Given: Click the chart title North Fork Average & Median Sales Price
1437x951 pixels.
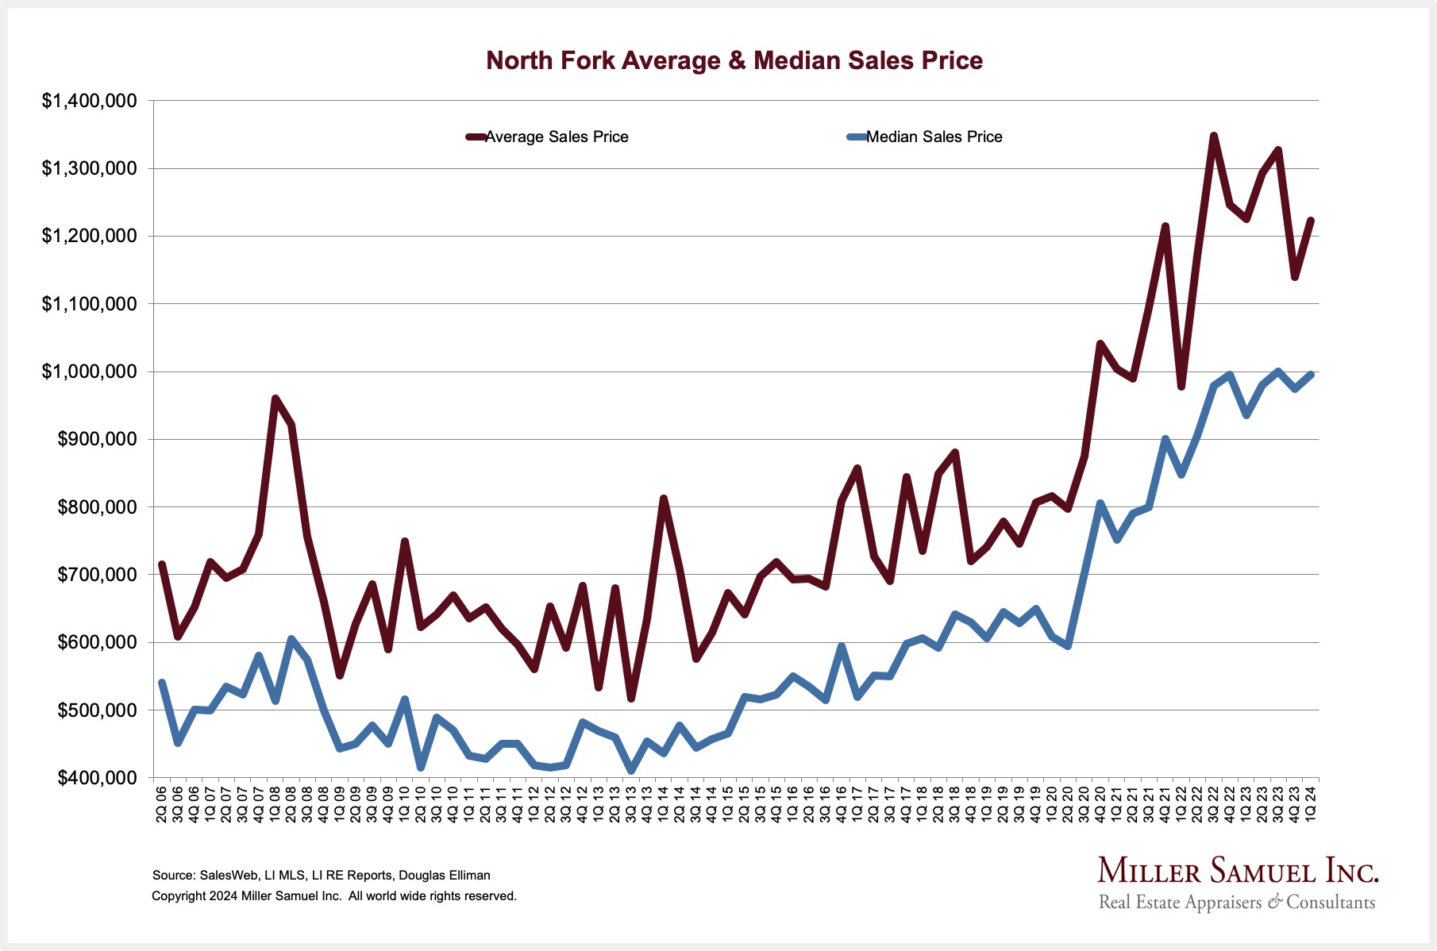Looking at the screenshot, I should click(x=734, y=60).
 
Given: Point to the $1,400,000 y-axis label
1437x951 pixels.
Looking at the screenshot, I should click(x=90, y=101).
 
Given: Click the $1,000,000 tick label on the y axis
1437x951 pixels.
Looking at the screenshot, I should click(x=90, y=372).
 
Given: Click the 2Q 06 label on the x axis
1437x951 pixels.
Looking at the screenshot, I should click(x=162, y=803).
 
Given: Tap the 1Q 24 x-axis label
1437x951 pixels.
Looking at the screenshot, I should click(x=1311, y=803).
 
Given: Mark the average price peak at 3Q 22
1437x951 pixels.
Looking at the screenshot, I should click(x=1214, y=136).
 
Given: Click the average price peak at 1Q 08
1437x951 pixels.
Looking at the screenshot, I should click(x=275, y=398).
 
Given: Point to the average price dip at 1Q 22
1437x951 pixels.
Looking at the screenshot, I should click(x=1181, y=387).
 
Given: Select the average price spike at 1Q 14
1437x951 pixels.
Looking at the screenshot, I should click(x=664, y=499).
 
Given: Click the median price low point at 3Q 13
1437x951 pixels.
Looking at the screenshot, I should click(x=631, y=770).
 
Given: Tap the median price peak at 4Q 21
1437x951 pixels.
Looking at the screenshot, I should click(x=1165, y=438).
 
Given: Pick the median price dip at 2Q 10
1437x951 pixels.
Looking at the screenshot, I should click(x=421, y=767).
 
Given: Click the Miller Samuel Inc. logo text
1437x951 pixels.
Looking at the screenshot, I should click(x=1238, y=871).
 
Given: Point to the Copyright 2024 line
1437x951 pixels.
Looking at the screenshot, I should click(x=333, y=896).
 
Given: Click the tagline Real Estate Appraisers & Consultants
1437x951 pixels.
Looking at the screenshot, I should click(x=1236, y=903).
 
